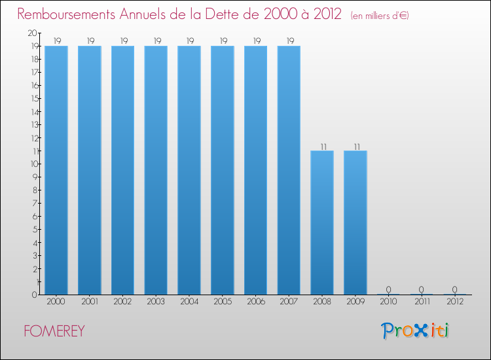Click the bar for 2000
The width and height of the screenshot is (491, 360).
[x=56, y=170]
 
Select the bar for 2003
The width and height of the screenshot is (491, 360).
[x=156, y=170]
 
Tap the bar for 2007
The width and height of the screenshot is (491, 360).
[x=289, y=170]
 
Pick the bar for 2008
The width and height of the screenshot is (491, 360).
[x=322, y=223]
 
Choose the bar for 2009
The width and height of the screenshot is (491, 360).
[x=355, y=223]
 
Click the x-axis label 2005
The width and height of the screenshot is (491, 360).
[x=223, y=302]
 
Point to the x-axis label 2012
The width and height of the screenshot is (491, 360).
[x=455, y=302]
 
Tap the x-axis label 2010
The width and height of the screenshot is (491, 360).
[x=388, y=302]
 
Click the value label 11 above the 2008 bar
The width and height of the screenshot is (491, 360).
[x=322, y=145]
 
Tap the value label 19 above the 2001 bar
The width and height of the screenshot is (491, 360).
[x=90, y=41]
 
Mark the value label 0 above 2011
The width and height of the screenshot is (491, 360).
[x=422, y=289]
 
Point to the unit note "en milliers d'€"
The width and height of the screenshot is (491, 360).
[x=380, y=16]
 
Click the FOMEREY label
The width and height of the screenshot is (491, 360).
[x=54, y=331]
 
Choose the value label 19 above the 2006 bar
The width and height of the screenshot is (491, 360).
[x=255, y=41]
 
